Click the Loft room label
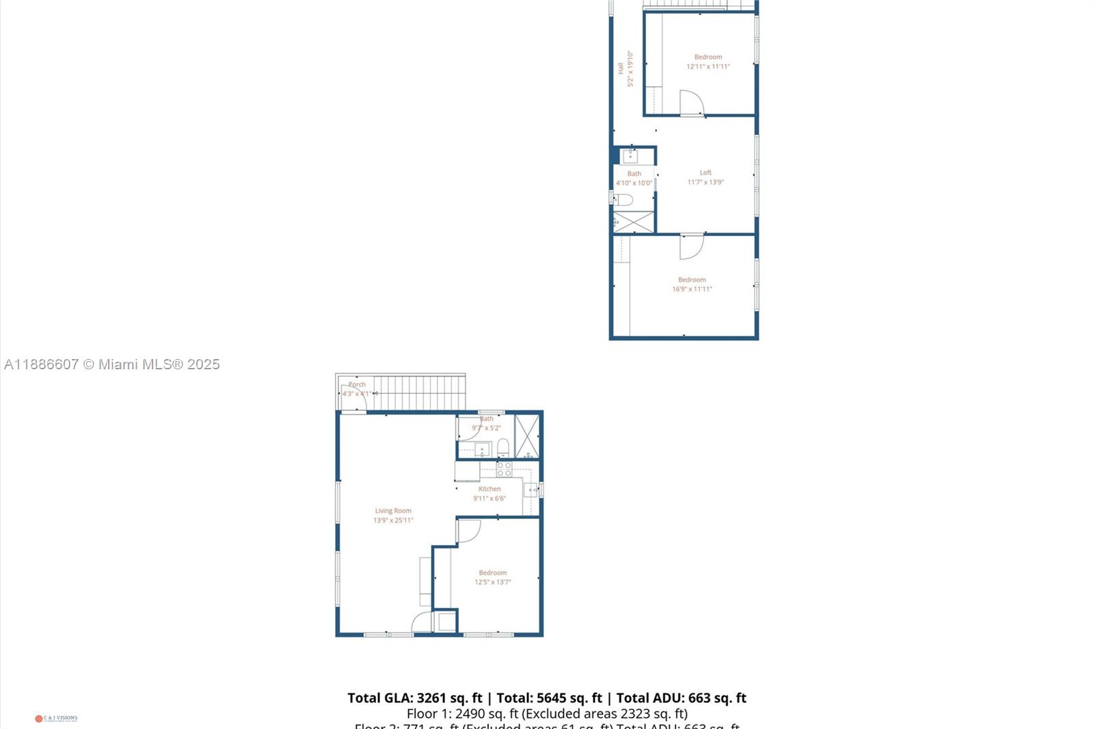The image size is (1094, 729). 705,173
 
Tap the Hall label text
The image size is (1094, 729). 620,68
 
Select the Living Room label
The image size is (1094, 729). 393,511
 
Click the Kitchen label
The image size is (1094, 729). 490,489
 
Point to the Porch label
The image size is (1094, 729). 357,384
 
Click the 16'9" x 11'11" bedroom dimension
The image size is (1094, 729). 692,289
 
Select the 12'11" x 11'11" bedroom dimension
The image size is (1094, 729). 708,66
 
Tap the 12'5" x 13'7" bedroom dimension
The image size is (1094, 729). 493,582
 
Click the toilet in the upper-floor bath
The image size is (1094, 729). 623,200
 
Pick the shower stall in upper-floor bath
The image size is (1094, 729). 634,222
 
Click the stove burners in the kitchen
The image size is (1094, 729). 504,469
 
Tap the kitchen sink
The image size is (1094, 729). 531,490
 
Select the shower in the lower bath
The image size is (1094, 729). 526,436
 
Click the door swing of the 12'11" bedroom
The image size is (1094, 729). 691,103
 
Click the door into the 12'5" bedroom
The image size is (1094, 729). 468,531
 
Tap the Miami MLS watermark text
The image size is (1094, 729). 112,364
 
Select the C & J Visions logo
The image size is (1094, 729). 56,718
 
